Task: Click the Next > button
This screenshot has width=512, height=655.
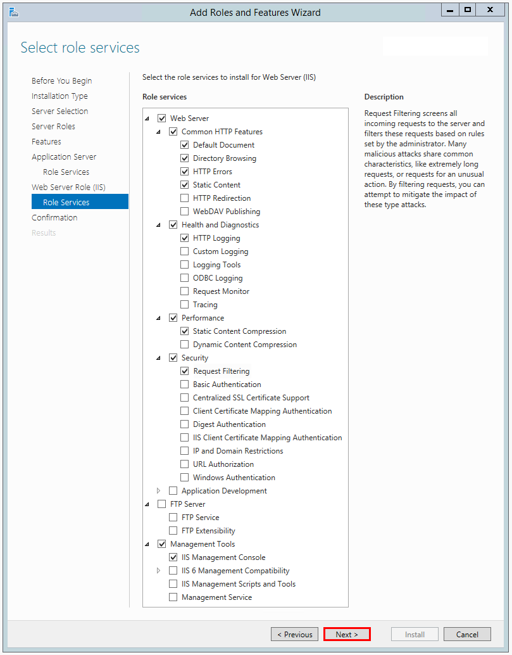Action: coord(346,634)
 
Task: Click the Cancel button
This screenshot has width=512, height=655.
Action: coord(467,634)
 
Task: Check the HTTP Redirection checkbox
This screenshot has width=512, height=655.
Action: coord(185,198)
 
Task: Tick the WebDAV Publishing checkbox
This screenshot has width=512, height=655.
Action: coord(185,212)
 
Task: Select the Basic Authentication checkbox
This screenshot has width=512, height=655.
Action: coord(185,385)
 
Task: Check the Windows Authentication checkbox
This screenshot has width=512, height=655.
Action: coord(185,478)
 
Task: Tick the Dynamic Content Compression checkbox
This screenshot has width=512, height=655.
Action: coord(185,345)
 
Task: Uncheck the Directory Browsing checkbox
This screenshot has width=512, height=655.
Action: coord(185,158)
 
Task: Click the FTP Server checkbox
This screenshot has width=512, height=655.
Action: coord(161,504)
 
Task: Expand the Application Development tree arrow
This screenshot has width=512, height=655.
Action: coord(159,491)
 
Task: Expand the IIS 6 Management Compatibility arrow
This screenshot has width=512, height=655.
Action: coord(159,571)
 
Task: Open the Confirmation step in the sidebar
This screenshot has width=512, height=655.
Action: coord(54,217)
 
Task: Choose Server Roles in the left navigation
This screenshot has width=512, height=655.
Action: coord(53,126)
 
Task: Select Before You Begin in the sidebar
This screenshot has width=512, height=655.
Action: coord(61,80)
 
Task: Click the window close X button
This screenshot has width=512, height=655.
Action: coord(491,10)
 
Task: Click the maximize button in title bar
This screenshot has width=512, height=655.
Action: coord(468,10)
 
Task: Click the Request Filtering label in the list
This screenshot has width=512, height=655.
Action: coord(222,371)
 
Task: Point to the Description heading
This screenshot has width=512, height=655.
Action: coord(384,97)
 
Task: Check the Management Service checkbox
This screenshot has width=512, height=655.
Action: coord(173,597)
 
